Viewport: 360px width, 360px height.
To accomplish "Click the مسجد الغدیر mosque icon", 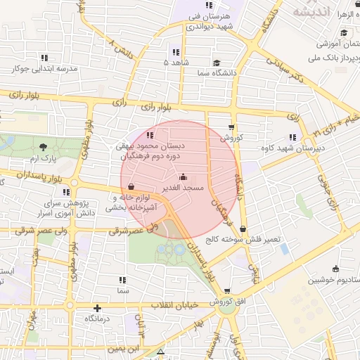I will pyautogui.click(x=184, y=176).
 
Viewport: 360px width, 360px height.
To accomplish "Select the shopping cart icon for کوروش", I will pyautogui.click(x=231, y=127).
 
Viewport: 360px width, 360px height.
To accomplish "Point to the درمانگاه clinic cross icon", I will pyautogui.click(x=97, y=308).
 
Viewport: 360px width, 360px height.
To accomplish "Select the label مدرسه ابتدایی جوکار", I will pyautogui.click(x=43, y=69).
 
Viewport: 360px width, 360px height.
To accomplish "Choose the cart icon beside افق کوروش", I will pyautogui.click(x=226, y=290).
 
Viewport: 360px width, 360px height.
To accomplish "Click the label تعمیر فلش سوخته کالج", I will pyautogui.click(x=243, y=239).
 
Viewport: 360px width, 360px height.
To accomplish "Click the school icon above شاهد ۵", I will pyautogui.click(x=176, y=52).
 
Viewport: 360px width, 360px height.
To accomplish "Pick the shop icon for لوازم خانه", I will pyautogui.click(x=132, y=187).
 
